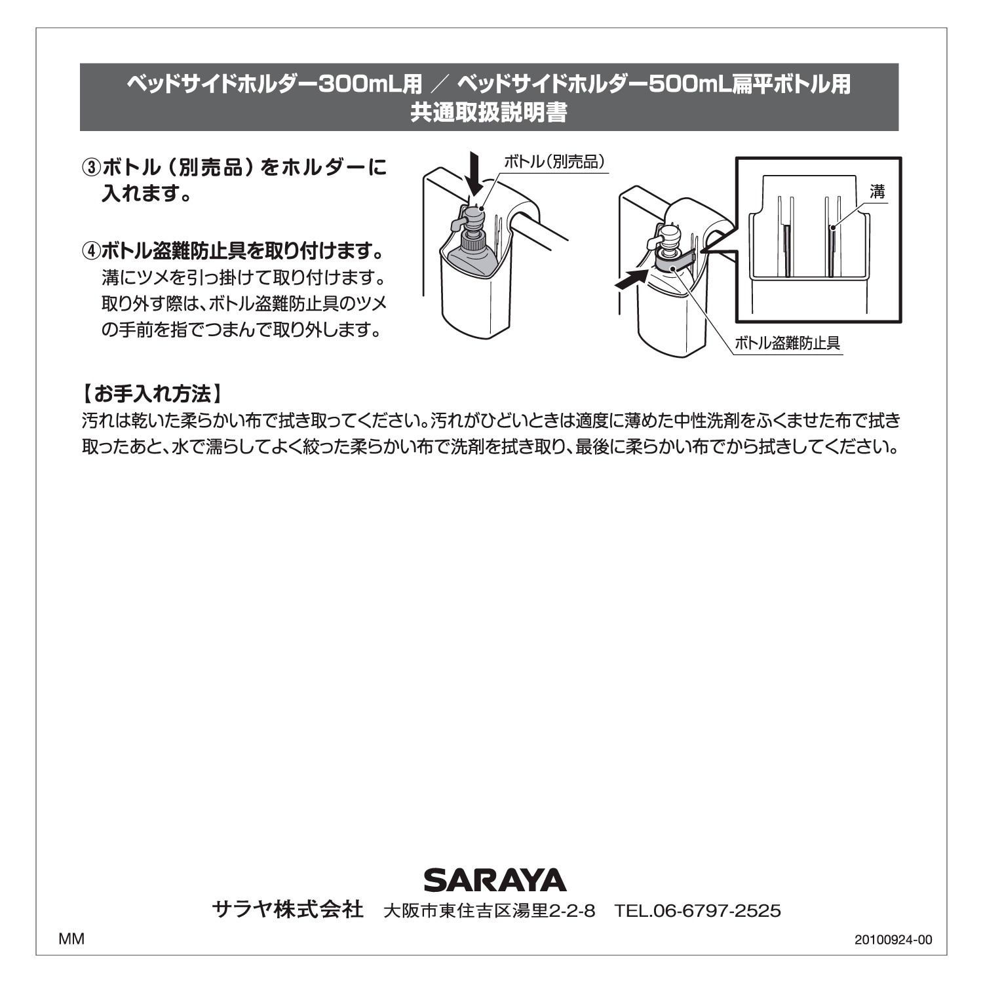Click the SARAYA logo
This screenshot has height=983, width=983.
click(x=495, y=879)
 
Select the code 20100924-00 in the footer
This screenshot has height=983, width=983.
click(x=893, y=940)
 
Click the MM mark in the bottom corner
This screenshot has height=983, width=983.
click(x=71, y=939)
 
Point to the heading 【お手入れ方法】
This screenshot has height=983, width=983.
click(x=153, y=394)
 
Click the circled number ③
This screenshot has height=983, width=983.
click(x=91, y=168)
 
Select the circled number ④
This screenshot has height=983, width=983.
click(x=91, y=251)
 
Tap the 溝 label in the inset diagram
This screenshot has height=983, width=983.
click(x=877, y=192)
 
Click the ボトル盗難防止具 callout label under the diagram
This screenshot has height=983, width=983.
click(x=787, y=343)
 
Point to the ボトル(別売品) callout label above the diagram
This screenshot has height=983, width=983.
click(x=554, y=162)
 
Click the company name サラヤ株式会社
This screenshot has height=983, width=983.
click(x=288, y=910)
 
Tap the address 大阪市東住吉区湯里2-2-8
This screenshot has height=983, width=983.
click(x=490, y=911)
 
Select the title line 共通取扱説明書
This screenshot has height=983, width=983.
click(x=489, y=113)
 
